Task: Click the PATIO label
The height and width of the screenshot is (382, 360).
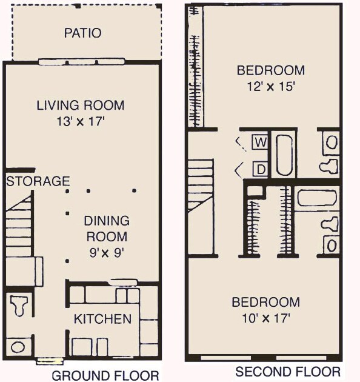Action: pyautogui.click(x=82, y=33)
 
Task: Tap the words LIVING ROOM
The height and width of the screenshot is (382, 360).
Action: pyautogui.click(x=81, y=105)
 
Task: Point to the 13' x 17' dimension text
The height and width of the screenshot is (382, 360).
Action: pyautogui.click(x=81, y=121)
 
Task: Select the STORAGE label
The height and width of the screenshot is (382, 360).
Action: pyautogui.click(x=38, y=181)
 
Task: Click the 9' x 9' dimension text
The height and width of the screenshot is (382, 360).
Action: pyautogui.click(x=107, y=250)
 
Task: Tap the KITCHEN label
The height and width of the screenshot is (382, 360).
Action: pyautogui.click(x=102, y=318)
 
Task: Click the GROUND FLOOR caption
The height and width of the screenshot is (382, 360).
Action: pyautogui.click(x=106, y=375)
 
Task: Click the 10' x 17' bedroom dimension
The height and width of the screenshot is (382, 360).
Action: pyautogui.click(x=266, y=317)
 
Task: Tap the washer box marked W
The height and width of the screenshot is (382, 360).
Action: pyautogui.click(x=260, y=142)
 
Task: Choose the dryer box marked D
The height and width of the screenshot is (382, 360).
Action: pyautogui.click(x=260, y=169)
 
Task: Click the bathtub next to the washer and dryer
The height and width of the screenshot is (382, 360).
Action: pyautogui.click(x=284, y=155)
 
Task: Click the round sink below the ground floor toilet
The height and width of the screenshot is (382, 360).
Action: pyautogui.click(x=18, y=347)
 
